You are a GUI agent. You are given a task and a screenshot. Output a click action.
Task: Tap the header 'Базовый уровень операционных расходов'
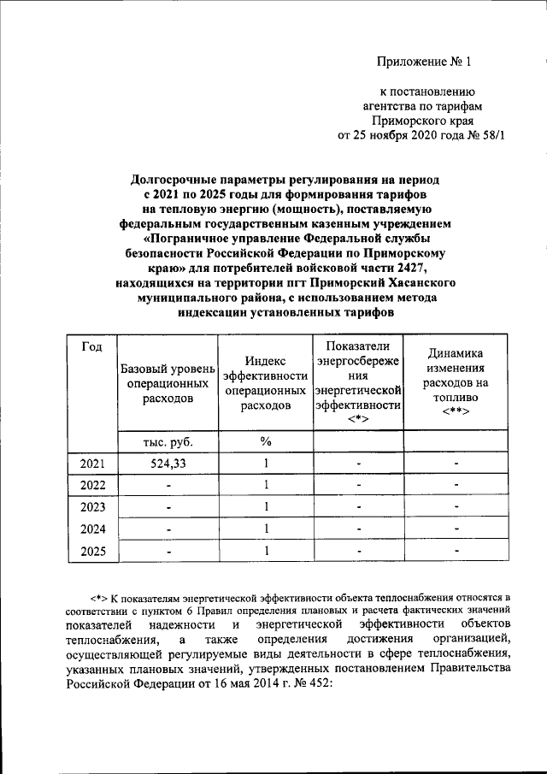167,382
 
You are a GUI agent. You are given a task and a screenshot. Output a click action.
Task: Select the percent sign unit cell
265,441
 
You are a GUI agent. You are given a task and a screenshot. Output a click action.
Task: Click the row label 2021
92,464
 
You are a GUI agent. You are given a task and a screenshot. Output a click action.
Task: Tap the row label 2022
92,485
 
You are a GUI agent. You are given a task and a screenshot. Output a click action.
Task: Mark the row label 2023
92,507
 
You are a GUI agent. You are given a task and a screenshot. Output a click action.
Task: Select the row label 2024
92,529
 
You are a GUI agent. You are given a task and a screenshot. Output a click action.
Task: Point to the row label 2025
92,552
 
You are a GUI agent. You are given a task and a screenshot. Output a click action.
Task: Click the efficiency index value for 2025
266,552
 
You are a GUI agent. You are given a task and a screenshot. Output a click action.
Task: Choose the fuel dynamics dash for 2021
457,464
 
